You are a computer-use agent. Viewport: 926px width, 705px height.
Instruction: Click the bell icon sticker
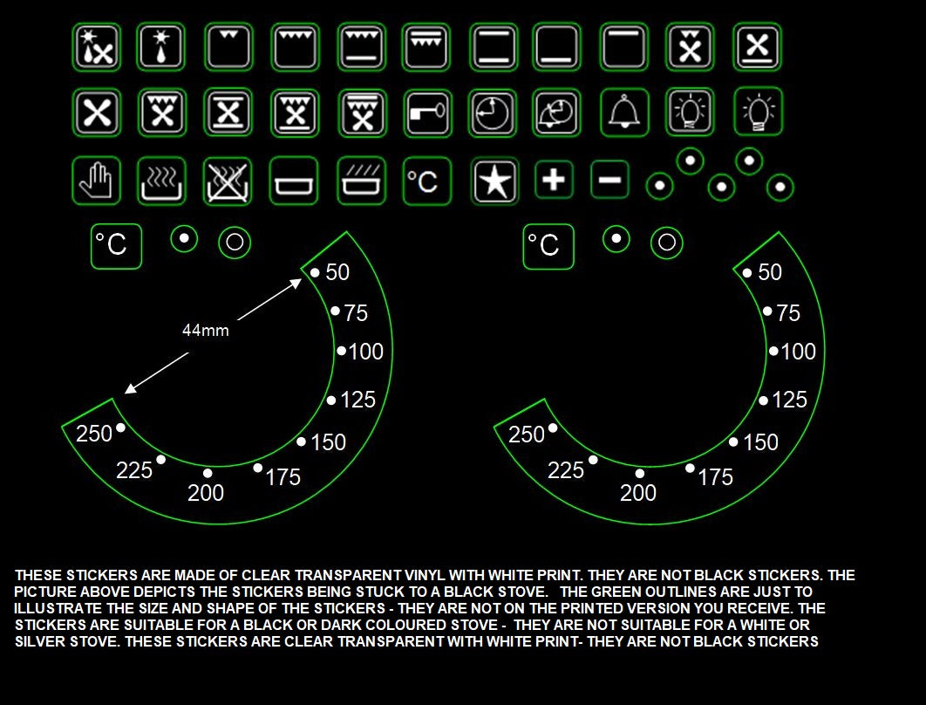point(624,113)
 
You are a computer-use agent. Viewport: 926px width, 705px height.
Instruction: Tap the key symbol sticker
point(427,113)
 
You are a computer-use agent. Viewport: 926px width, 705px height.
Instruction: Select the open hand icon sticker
point(95,181)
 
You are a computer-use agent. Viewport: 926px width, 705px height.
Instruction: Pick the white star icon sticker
point(495,181)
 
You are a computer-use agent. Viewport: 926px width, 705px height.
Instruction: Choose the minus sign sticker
point(610,180)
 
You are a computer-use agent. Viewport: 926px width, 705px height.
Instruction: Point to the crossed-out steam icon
point(227,181)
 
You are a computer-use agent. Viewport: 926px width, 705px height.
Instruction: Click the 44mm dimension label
point(205,331)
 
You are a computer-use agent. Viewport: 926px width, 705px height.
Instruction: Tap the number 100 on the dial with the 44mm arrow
point(366,352)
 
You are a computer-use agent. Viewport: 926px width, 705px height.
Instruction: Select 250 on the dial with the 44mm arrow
point(94,433)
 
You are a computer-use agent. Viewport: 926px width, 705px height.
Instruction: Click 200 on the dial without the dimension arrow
point(638,493)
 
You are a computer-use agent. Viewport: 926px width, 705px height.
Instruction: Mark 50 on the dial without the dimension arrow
point(770,272)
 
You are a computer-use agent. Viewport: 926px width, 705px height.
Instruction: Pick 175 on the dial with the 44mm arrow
point(283,476)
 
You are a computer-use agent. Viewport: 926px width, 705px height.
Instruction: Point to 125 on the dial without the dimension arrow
point(789,400)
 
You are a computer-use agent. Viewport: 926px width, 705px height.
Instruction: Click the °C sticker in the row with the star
point(427,181)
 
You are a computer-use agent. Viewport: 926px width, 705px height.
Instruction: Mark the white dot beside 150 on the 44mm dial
point(301,441)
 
